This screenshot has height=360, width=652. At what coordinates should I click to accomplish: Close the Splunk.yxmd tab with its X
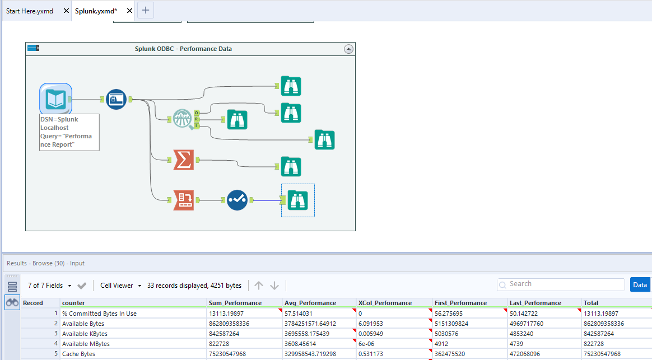tap(129, 11)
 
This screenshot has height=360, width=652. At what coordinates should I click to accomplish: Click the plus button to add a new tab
tap(146, 10)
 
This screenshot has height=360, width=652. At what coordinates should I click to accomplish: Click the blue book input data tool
tap(55, 99)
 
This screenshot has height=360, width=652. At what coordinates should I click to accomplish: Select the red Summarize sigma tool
tap(183, 160)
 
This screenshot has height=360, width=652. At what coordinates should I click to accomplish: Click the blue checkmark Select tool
tap(237, 200)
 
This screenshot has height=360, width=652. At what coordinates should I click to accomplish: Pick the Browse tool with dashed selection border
tap(297, 200)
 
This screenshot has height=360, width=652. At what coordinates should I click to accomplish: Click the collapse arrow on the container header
tap(348, 49)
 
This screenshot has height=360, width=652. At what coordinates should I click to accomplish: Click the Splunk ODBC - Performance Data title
tap(183, 49)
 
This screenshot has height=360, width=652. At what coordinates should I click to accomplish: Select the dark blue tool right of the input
tap(116, 99)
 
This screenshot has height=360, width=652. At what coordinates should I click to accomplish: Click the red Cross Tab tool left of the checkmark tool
tap(183, 200)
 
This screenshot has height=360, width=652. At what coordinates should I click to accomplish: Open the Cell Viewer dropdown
tap(120, 286)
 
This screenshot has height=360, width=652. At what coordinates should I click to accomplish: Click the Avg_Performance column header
tap(310, 303)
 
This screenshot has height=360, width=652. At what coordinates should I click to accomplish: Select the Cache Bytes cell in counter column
tap(78, 354)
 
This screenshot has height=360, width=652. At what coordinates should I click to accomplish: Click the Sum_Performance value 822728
tap(221, 344)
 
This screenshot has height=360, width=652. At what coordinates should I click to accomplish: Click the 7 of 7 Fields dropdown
tap(49, 286)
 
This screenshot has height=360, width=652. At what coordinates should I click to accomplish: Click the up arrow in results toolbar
tap(258, 286)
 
